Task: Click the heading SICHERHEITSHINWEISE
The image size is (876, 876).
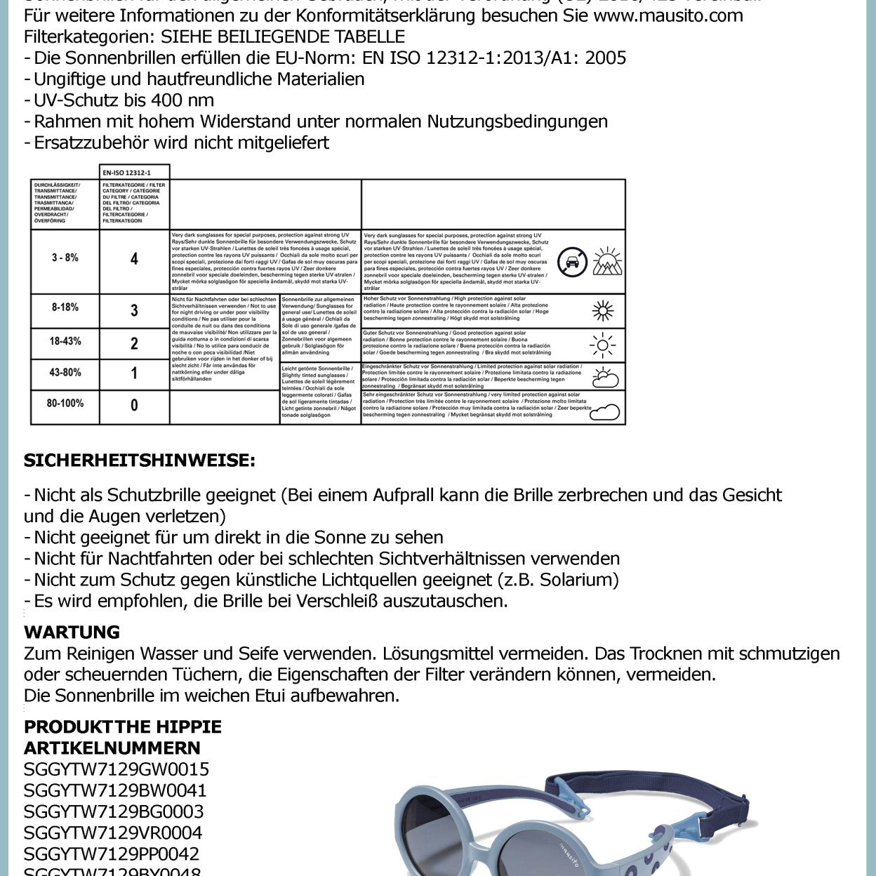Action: tap(140, 460)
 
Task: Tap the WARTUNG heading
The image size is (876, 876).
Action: tap(72, 632)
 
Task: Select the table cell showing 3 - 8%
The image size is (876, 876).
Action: tap(65, 258)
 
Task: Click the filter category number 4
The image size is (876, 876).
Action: tap(134, 259)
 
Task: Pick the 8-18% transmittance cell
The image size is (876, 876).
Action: tap(65, 307)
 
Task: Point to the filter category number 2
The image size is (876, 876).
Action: tap(134, 343)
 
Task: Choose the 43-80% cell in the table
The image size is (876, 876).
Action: tap(65, 372)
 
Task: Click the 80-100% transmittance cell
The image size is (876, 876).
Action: tap(65, 403)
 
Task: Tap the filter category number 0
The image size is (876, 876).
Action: tap(134, 405)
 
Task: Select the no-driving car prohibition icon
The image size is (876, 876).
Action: tap(572, 263)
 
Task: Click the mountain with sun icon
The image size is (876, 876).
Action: tap(607, 261)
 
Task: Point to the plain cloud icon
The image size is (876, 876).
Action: tap(604, 411)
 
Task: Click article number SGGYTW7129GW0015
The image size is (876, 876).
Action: tap(117, 769)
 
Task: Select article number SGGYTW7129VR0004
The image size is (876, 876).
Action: tap(113, 832)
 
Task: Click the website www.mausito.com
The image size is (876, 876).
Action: tap(668, 15)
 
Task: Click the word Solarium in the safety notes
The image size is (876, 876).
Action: tap(578, 580)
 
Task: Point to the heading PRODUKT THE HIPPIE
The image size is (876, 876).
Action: tap(123, 726)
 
